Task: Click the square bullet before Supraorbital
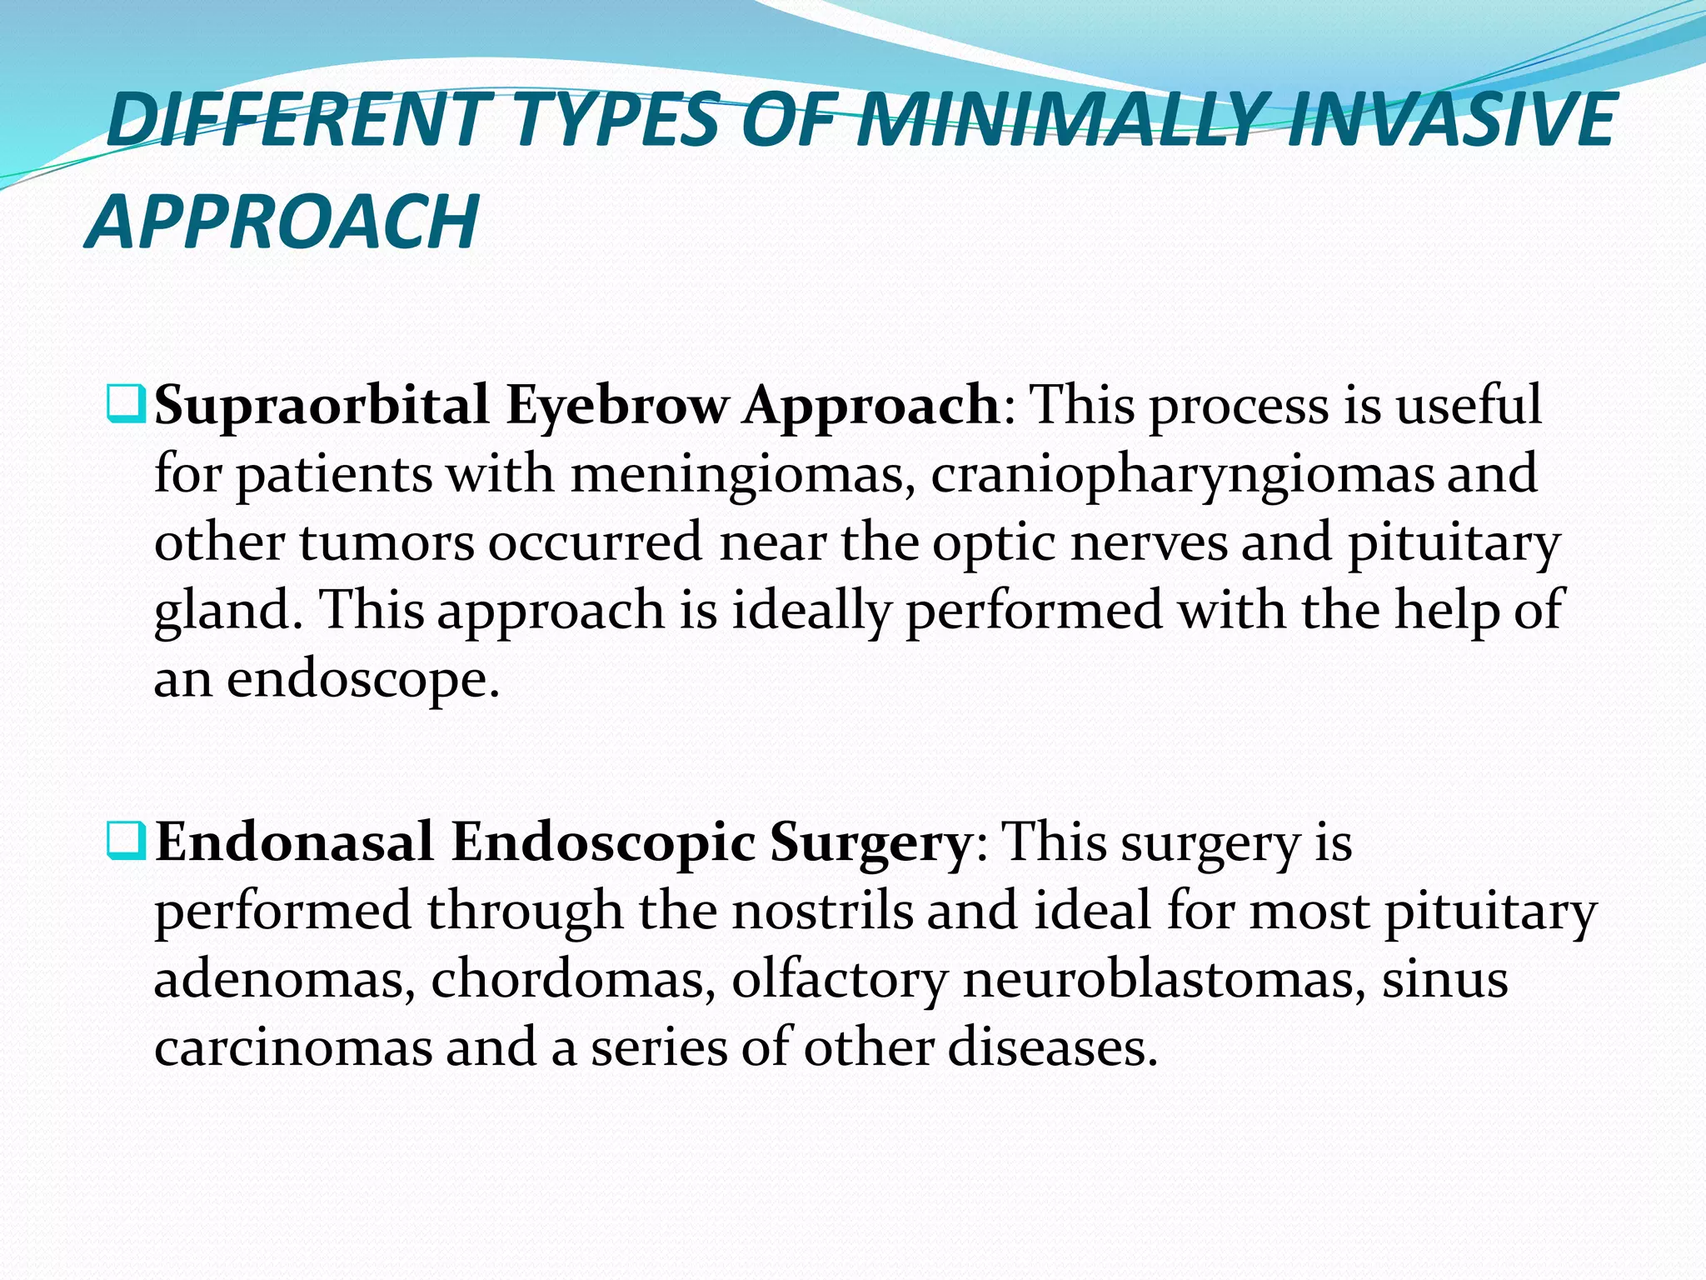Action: point(127,405)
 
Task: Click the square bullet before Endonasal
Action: point(127,842)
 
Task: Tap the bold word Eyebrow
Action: point(616,407)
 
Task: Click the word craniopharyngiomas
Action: point(1183,475)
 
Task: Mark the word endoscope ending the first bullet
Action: point(363,680)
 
